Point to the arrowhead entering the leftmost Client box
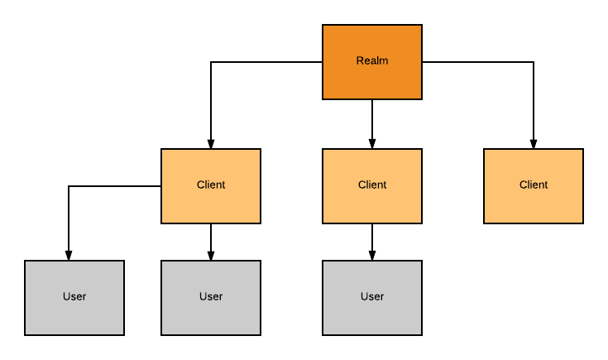[211, 143]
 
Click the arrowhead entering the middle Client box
[372, 143]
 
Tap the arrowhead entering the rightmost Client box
[534, 143]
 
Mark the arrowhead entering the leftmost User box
[69, 255]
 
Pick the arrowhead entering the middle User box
[211, 255]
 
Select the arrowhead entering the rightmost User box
[372, 255]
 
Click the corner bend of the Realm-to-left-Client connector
[211, 62]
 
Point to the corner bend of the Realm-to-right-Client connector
[534, 62]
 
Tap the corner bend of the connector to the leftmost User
[69, 186]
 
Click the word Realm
[372, 60]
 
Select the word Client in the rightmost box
[534, 185]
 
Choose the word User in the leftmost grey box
[74, 296]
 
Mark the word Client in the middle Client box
[372, 185]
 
